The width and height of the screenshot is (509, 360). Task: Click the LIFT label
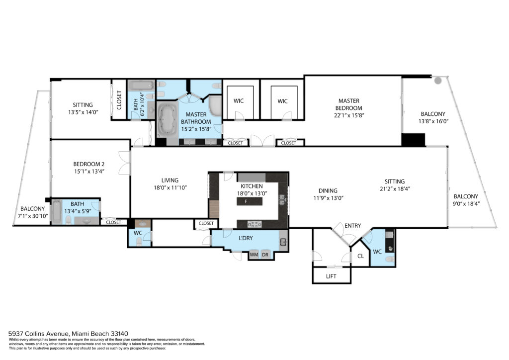(331, 276)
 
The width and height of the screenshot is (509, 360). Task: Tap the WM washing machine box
(254, 255)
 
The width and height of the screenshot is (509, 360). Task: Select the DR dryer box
(265, 255)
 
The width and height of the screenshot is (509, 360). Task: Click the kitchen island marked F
(250, 201)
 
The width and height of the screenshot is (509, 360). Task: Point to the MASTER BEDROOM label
(349, 104)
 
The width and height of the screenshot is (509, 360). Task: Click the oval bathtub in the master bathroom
(168, 118)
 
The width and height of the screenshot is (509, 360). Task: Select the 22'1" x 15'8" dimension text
(349, 115)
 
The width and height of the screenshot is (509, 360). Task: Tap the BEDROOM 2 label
(88, 164)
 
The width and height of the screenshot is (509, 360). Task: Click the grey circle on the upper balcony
(438, 81)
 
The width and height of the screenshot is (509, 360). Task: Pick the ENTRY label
(352, 226)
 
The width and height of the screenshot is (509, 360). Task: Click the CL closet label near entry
(360, 256)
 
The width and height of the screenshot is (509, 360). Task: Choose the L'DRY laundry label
(246, 238)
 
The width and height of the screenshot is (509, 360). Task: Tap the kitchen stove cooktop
(254, 224)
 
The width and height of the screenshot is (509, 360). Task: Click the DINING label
(328, 190)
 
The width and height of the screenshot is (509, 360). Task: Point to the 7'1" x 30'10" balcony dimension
(33, 215)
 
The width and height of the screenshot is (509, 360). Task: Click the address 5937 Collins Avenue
(39, 333)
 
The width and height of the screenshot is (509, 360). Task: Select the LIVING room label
(170, 180)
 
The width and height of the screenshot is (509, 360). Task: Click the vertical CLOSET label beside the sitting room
(119, 100)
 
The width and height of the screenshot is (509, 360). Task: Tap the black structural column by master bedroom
(413, 140)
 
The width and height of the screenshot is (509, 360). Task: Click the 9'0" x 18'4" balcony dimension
(466, 204)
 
